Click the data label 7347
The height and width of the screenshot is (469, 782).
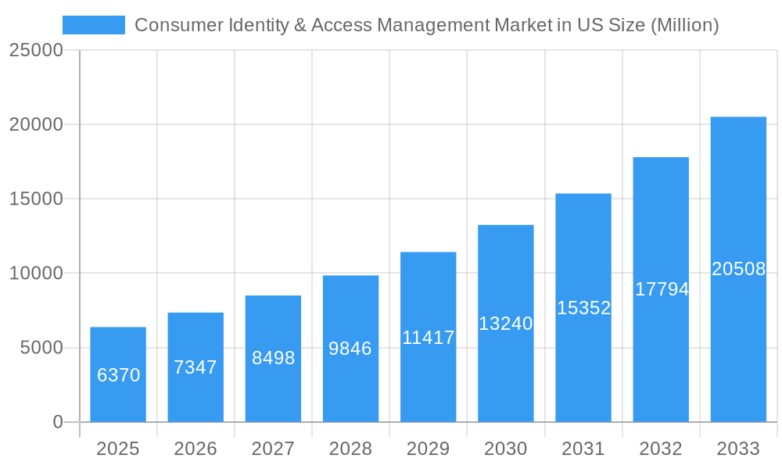click(195, 367)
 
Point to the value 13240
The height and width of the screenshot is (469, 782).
click(506, 324)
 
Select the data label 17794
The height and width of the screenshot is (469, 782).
click(662, 289)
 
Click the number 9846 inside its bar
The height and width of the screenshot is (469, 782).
click(350, 349)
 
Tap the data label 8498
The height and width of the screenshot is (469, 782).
click(273, 358)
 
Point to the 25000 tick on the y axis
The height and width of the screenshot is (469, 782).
click(35, 51)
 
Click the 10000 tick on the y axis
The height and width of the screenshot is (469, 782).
click(35, 274)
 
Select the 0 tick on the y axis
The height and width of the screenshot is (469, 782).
click(58, 422)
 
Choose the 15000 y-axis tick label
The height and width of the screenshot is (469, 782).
click(35, 199)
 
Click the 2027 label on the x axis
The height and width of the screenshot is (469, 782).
click(273, 449)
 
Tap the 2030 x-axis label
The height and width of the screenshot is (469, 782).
click(506, 449)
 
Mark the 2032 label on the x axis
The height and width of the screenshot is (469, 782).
click(661, 449)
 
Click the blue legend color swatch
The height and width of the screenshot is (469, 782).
click(94, 25)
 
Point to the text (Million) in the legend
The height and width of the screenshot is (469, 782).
click(685, 25)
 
